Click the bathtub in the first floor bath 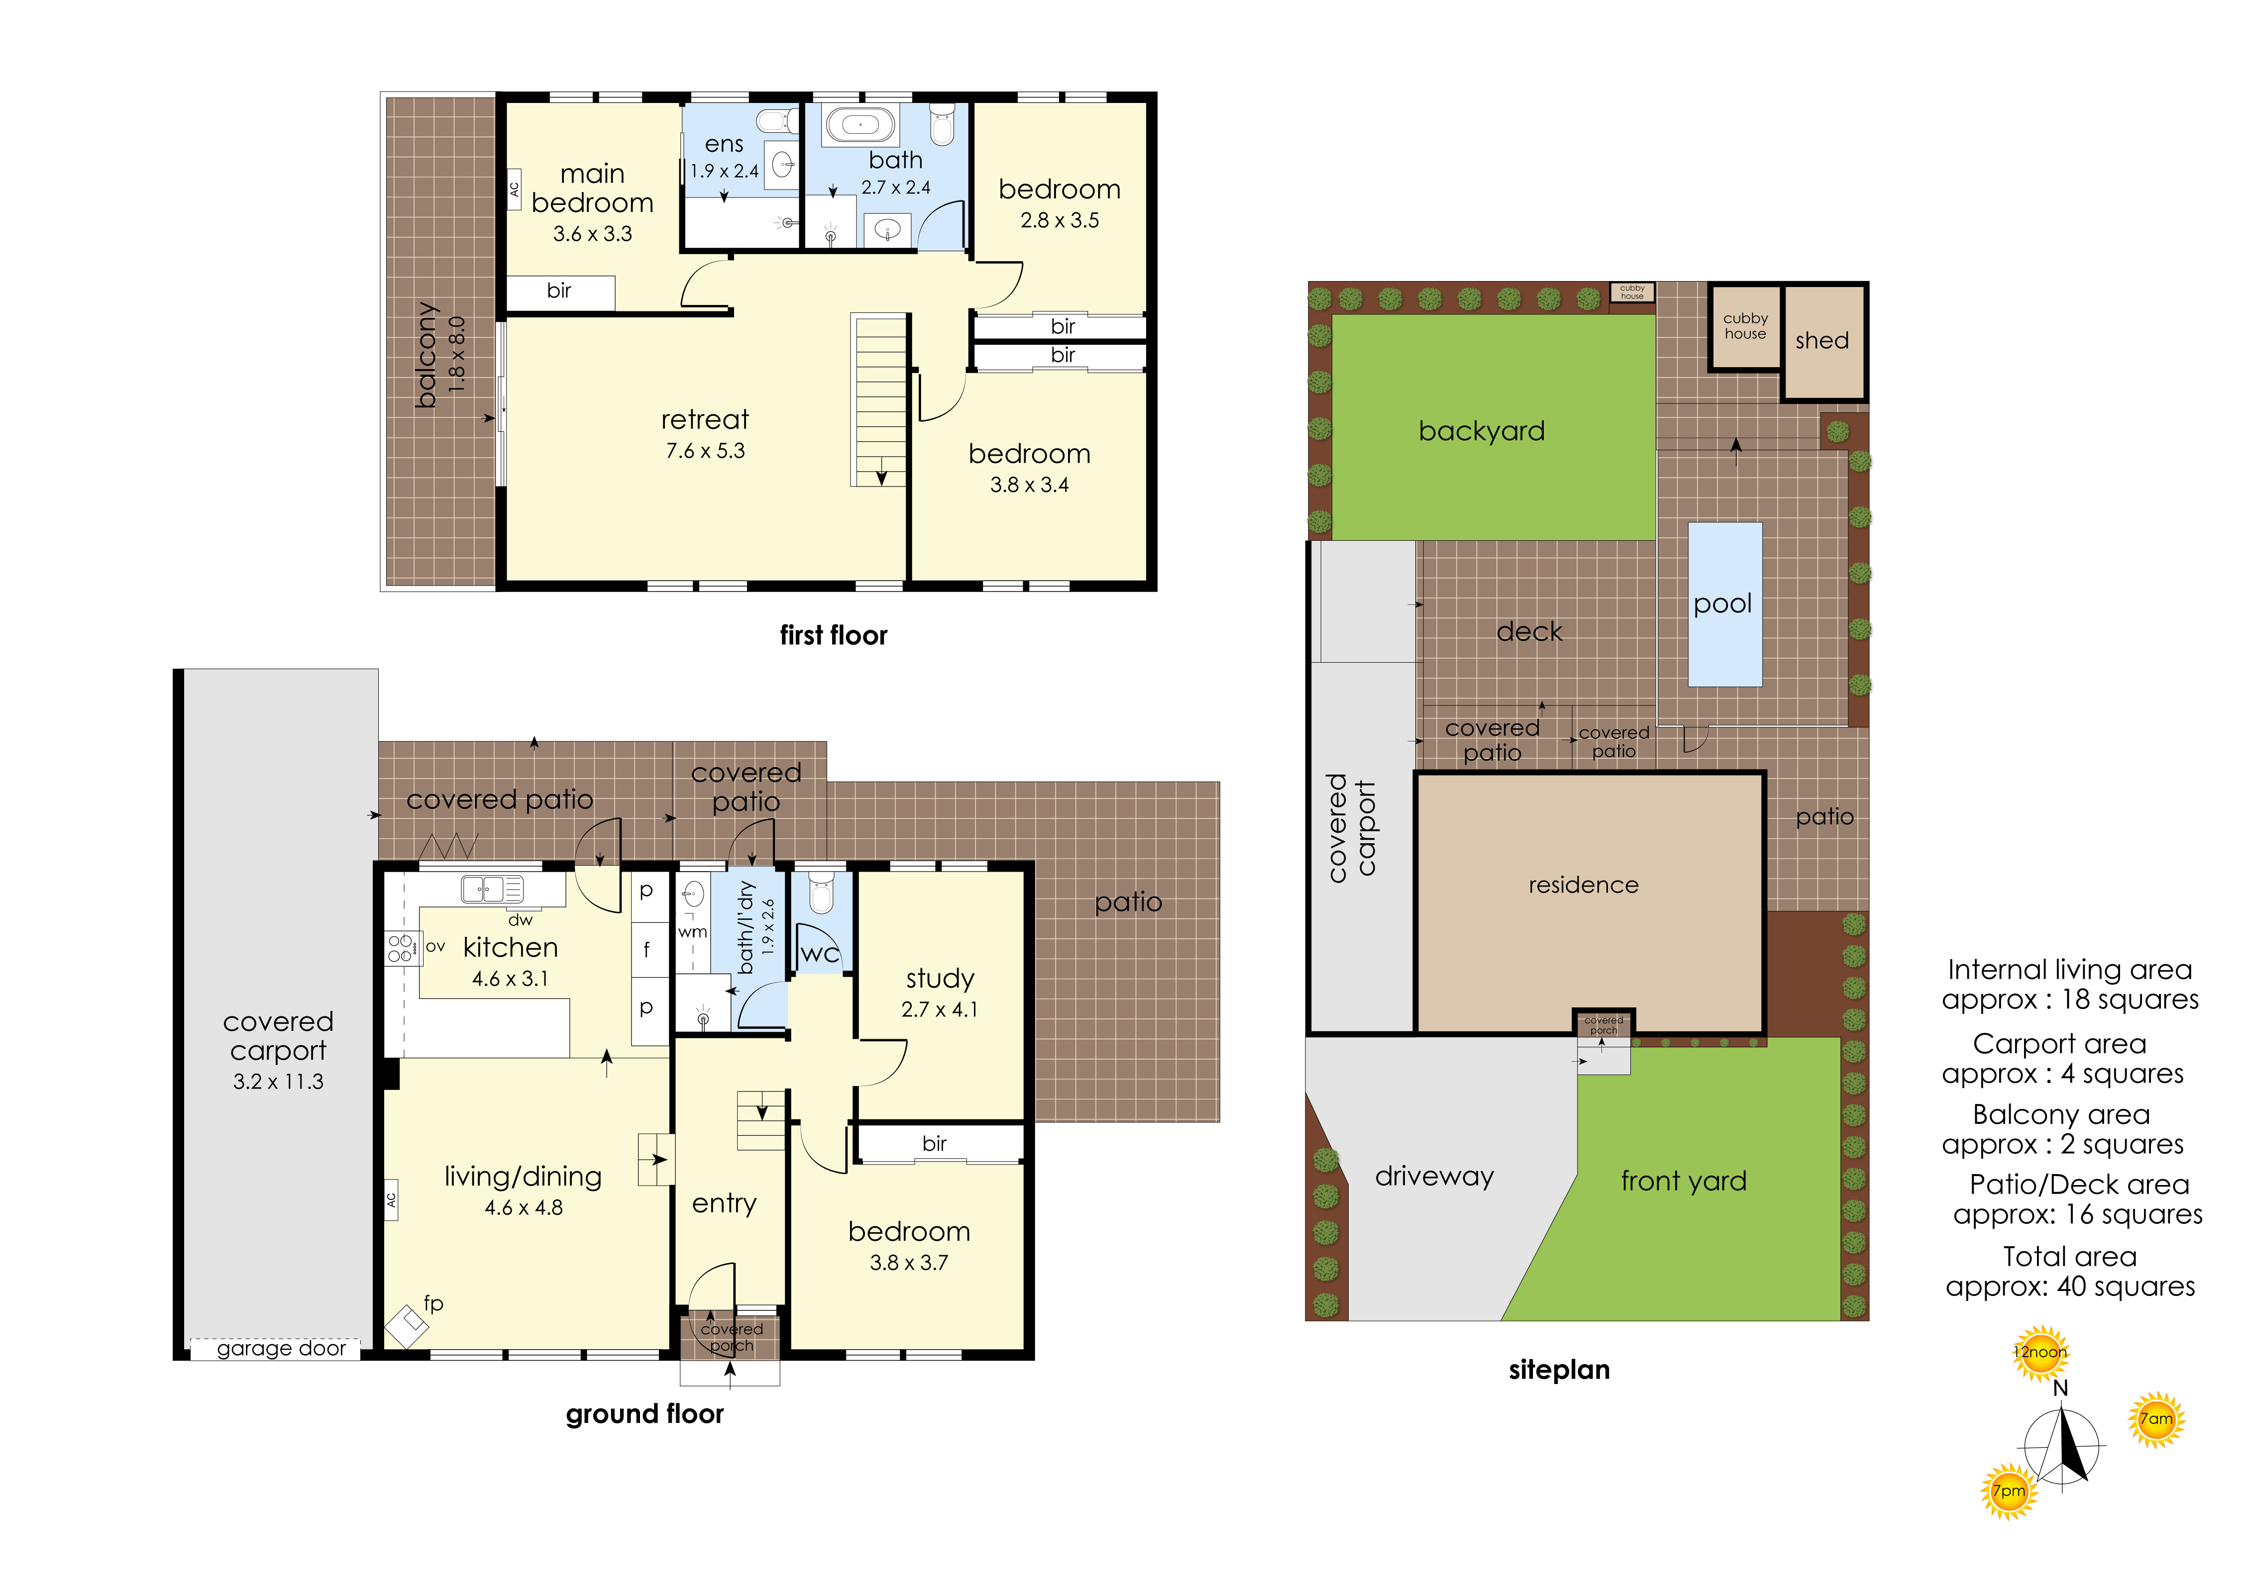coord(860,125)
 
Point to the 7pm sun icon coord(2009,1491)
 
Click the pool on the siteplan coord(1724,604)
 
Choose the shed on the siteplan coord(1824,342)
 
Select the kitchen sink coord(492,889)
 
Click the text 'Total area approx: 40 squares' coord(2070,1272)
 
